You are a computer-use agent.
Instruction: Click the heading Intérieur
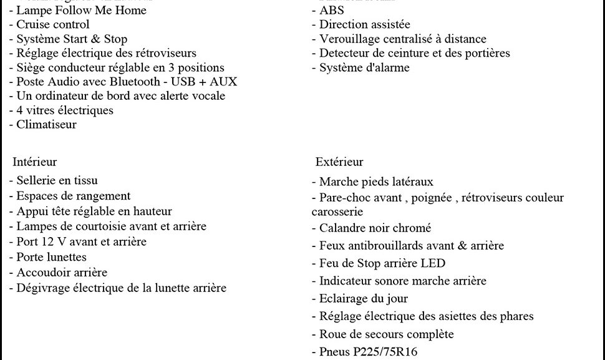(35, 162)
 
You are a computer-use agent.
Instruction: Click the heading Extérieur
(339, 162)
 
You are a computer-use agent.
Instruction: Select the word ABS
(331, 11)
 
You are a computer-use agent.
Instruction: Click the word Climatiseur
(47, 124)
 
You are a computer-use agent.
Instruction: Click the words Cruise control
(53, 25)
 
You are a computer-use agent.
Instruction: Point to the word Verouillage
(350, 39)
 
